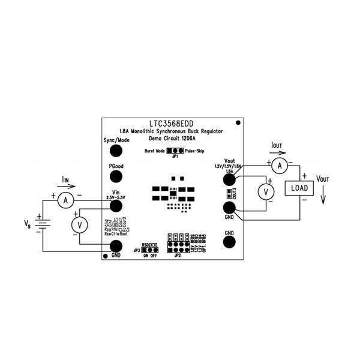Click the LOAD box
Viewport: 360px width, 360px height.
coord(299,188)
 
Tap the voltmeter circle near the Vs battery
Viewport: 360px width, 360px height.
coord(77,224)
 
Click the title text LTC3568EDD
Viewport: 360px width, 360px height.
coord(172,121)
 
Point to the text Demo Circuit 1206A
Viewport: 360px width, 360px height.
coord(172,137)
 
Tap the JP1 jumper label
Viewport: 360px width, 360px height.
coord(175,157)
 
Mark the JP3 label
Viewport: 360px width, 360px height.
coord(137,249)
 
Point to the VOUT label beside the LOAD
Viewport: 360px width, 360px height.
coord(322,179)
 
